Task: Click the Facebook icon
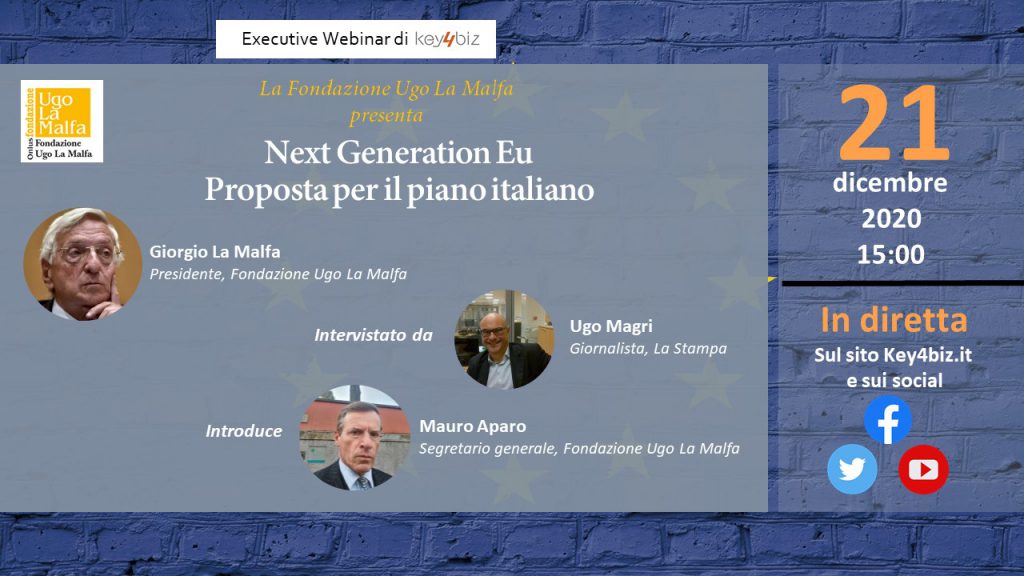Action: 888,420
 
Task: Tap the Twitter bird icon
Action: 852,469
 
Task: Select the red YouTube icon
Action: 923,470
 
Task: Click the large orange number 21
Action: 893,123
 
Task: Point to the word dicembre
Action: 890,183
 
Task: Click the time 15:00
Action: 891,254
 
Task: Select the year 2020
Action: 891,218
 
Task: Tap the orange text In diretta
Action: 894,320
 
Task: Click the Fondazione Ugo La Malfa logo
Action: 62,121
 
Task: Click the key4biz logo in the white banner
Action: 447,39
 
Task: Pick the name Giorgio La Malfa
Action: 215,251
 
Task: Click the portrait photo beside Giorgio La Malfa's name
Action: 82,264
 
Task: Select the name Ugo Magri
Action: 611,327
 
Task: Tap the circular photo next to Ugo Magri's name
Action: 504,340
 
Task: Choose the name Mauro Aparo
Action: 473,426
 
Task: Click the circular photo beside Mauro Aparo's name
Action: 355,438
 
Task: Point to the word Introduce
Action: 244,431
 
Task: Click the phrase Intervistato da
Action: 374,335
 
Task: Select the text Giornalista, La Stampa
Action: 648,349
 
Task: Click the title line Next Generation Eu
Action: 398,153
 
